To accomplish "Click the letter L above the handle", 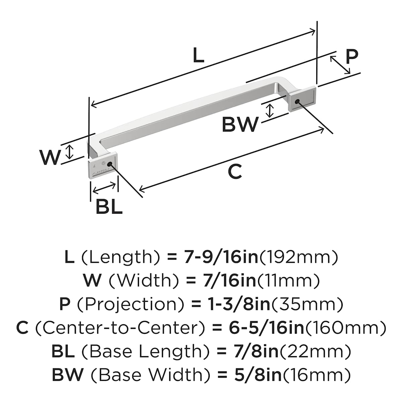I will pyautogui.click(x=199, y=55).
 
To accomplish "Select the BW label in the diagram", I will pyautogui.click(x=240, y=124).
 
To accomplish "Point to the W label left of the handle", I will pyautogui.click(x=50, y=157).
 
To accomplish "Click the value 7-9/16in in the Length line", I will pyautogui.click(x=221, y=257).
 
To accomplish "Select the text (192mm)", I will pyautogui.click(x=298, y=257).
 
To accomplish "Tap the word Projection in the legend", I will pyautogui.click(x=131, y=304).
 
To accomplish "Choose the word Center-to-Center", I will pyautogui.click(x=120, y=328).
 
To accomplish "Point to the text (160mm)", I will pyautogui.click(x=346, y=328).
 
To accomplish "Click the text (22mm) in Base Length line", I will pyautogui.click(x=316, y=351).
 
